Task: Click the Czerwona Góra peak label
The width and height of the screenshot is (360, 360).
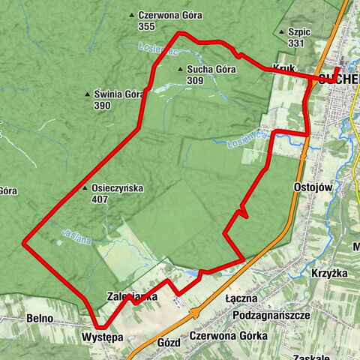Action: point(164,15)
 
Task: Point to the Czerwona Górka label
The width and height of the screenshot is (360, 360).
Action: point(229,335)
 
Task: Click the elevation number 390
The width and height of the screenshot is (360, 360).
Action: point(103,106)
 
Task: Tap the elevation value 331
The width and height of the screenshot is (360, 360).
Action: point(295,43)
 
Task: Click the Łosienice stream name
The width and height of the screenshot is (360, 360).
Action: point(157,49)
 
